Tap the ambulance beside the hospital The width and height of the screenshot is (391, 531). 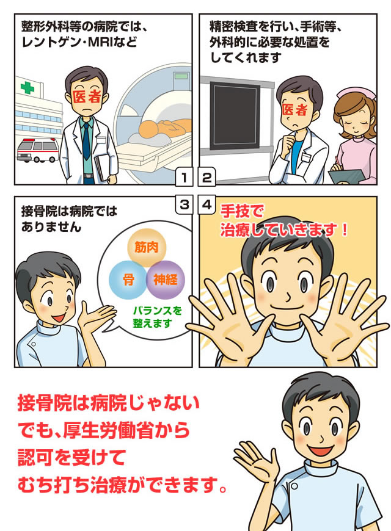37,149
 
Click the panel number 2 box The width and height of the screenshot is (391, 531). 207,178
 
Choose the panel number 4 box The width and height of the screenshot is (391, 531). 207,204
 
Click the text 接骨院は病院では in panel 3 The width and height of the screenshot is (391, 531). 68,213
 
